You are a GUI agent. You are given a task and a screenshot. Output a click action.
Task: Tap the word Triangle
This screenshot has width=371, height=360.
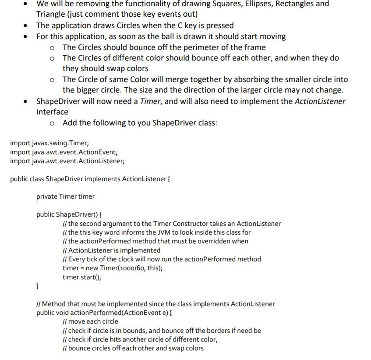coord(51,14)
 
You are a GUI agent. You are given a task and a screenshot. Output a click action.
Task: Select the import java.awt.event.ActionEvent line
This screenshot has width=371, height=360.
coord(64,152)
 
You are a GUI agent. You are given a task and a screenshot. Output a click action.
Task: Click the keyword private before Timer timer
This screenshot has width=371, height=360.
coord(47,196)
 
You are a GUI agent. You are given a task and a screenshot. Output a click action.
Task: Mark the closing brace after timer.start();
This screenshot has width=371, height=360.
coord(38,286)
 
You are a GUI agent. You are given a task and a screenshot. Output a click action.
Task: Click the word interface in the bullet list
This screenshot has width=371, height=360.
coord(52,112)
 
